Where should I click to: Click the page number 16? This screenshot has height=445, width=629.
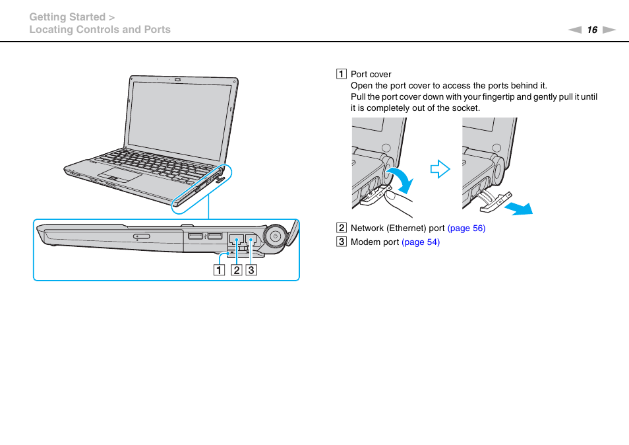coord(592,30)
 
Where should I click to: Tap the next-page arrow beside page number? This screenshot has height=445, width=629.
coord(609,30)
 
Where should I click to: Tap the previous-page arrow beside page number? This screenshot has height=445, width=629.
coord(576,30)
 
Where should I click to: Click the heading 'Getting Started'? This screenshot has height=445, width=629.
coord(67,17)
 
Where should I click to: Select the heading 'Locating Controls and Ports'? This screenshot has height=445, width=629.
coord(100,30)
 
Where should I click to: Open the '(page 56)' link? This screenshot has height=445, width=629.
coord(466,228)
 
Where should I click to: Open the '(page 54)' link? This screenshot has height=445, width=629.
coord(421,242)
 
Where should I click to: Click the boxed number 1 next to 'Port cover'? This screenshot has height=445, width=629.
coord(342,75)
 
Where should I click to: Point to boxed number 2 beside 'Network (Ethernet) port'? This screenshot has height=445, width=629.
coord(342,228)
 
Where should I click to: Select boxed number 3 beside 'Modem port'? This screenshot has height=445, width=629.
coord(342,242)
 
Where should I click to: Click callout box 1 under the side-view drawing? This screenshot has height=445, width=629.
coord(218,269)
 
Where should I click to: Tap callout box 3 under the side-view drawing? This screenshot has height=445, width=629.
coord(251,269)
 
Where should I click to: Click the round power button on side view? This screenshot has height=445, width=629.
coord(275,236)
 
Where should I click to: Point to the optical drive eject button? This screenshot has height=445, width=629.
coord(141,236)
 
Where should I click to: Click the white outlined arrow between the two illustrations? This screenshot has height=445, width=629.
coord(440,170)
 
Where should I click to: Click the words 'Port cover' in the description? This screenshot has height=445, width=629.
coord(371,75)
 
